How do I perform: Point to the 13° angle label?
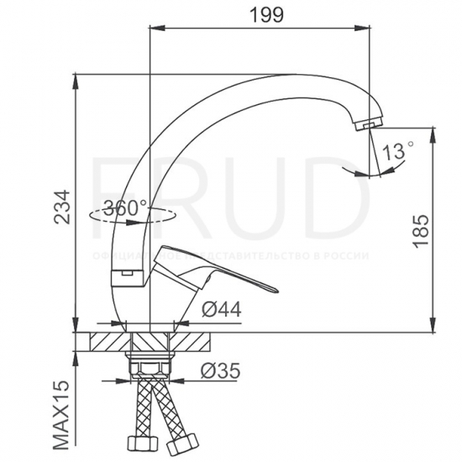click(396, 151)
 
